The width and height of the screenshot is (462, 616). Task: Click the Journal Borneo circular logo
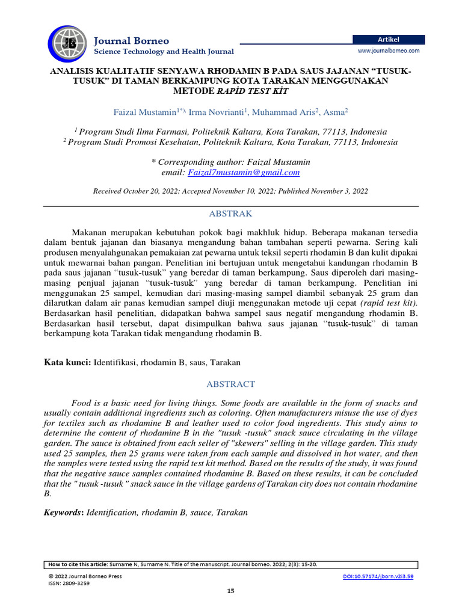click(x=67, y=43)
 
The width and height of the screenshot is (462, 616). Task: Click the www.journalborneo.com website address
click(x=389, y=51)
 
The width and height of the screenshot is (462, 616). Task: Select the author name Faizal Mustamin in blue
click(x=144, y=112)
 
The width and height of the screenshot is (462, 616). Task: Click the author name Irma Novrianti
click(x=220, y=112)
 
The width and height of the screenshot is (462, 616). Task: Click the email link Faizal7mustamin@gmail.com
click(x=244, y=173)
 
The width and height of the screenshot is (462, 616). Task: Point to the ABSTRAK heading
click(x=230, y=214)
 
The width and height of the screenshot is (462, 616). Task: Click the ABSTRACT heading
click(x=230, y=384)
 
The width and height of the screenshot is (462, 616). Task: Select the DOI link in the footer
click(x=377, y=576)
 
